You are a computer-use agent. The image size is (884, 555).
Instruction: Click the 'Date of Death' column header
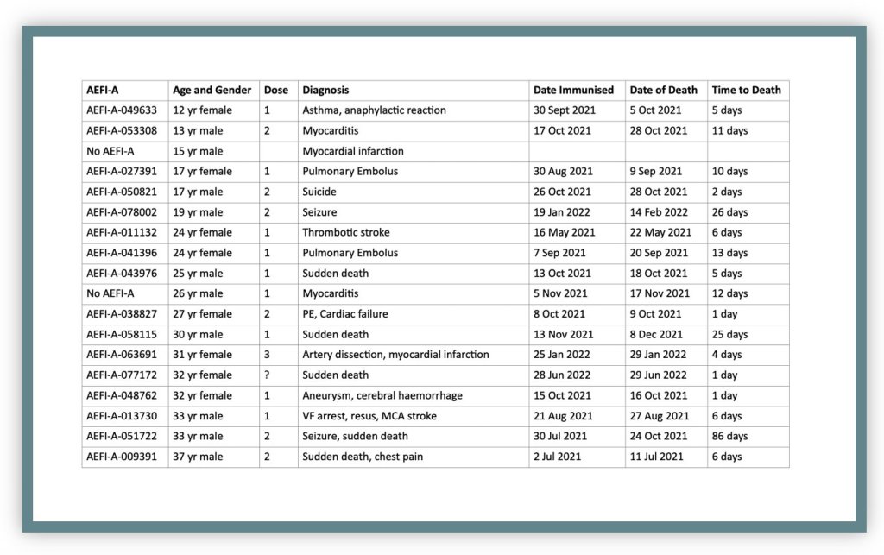coord(663,90)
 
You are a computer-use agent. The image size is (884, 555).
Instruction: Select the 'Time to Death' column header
coord(746,90)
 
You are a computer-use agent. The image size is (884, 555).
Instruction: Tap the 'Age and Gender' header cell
coord(212,90)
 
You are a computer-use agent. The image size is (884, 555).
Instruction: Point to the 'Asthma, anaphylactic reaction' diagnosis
coord(374,110)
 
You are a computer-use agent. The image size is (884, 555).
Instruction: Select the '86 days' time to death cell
coord(729,436)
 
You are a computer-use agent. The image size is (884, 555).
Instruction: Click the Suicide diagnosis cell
coord(319,192)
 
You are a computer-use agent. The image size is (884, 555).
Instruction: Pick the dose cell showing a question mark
coord(268,375)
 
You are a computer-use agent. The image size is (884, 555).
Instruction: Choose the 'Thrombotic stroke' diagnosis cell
coord(345,232)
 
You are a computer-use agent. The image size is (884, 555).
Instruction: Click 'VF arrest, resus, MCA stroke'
coord(369,415)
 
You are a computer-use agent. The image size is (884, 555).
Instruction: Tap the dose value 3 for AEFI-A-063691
coord(268,355)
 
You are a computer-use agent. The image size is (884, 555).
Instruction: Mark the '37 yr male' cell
coord(199,457)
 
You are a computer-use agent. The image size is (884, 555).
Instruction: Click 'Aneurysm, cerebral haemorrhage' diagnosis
coord(382,395)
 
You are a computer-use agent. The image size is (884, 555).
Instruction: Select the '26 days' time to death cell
coord(729,212)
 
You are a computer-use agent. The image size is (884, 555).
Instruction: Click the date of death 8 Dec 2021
coord(656,334)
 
